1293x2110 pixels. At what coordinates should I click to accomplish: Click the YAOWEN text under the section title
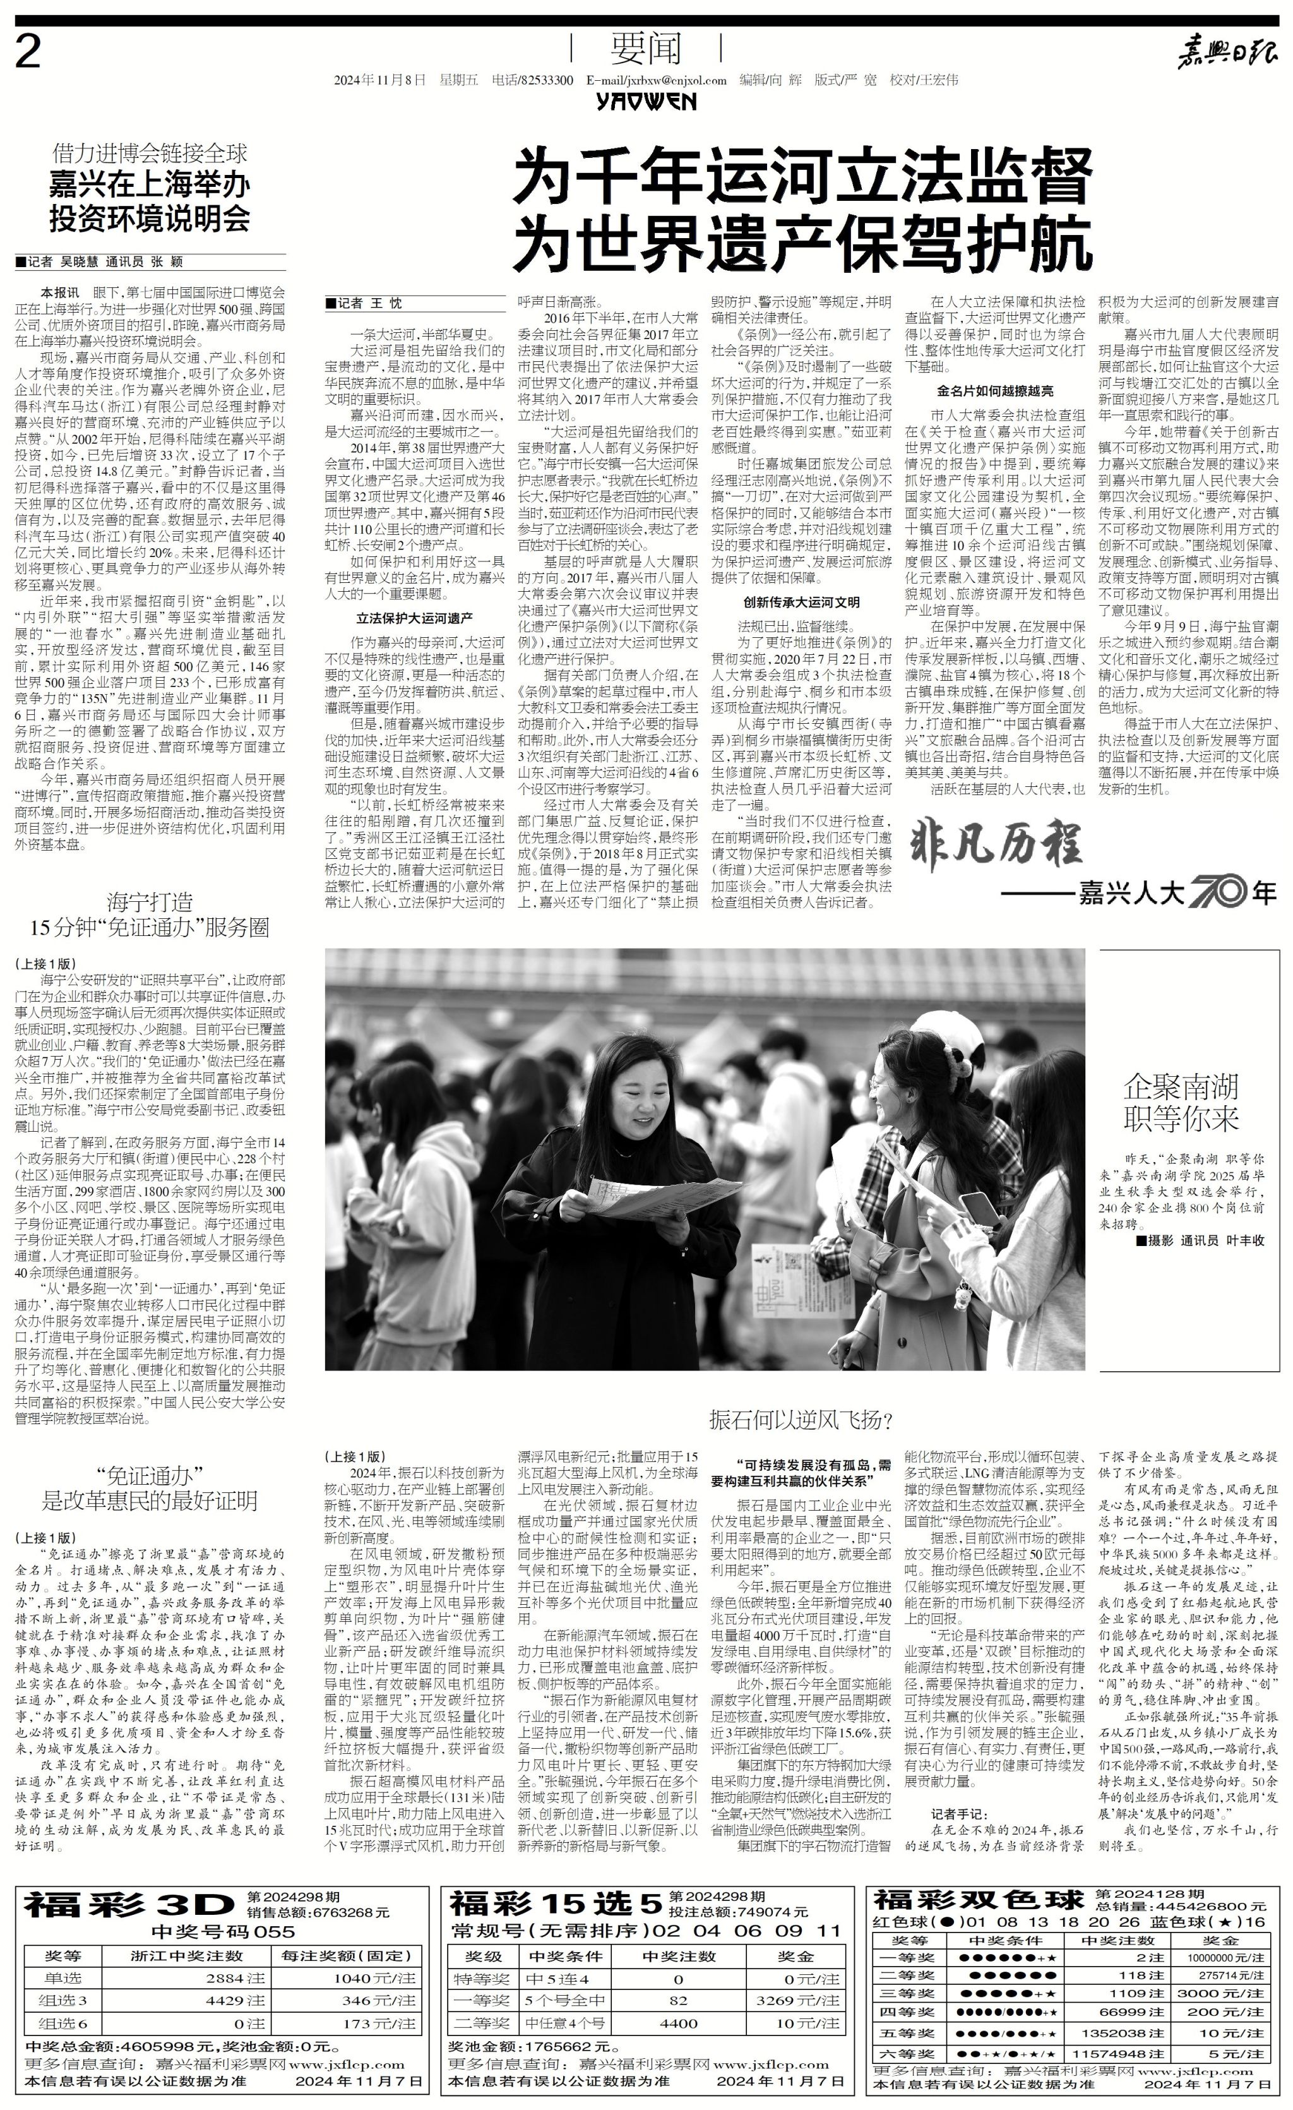click(x=646, y=102)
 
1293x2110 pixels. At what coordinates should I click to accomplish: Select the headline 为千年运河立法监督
click(x=802, y=174)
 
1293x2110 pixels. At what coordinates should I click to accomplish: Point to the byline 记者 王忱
click(x=363, y=303)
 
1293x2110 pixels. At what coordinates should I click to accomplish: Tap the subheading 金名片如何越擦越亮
click(x=995, y=392)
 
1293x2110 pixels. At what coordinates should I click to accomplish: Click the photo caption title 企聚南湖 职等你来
click(x=1181, y=1103)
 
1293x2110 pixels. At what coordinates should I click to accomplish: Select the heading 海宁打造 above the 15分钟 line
click(x=150, y=902)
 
